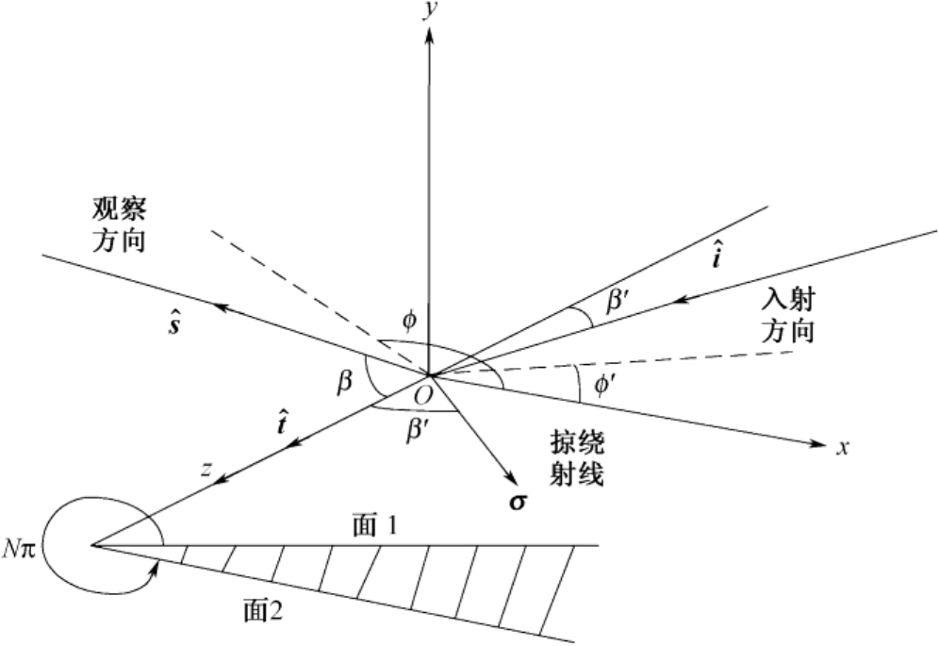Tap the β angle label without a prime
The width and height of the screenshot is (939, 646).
pos(345,382)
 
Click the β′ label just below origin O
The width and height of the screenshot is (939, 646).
pos(417,425)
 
